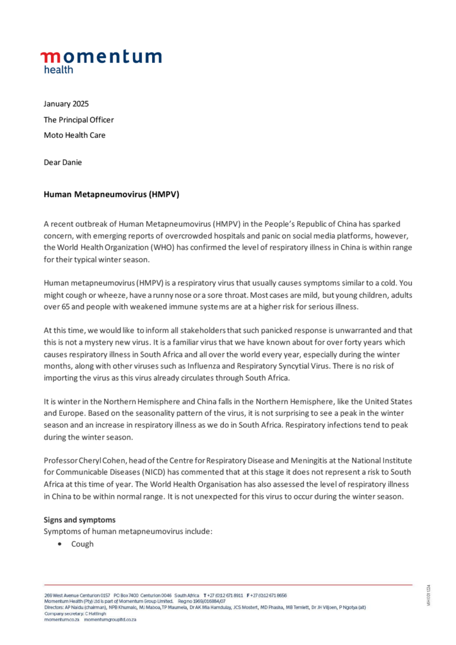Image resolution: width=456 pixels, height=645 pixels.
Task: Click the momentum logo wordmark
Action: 101,57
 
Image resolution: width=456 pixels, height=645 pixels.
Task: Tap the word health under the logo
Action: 58,70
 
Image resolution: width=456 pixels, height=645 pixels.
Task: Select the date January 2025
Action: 66,103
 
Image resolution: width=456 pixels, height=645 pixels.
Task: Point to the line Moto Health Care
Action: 74,135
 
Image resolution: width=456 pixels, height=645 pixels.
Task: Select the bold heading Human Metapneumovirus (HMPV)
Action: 112,195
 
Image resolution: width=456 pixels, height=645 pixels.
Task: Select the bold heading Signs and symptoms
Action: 80,520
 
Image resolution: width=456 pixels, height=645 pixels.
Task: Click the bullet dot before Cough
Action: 59,544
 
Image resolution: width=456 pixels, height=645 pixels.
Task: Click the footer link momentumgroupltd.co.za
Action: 110,620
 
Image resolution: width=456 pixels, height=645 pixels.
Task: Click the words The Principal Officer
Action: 79,119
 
